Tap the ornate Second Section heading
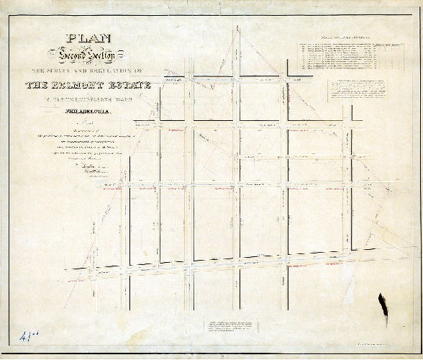(x=78, y=53)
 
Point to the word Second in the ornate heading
(x=65, y=53)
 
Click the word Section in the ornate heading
(x=94, y=54)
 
